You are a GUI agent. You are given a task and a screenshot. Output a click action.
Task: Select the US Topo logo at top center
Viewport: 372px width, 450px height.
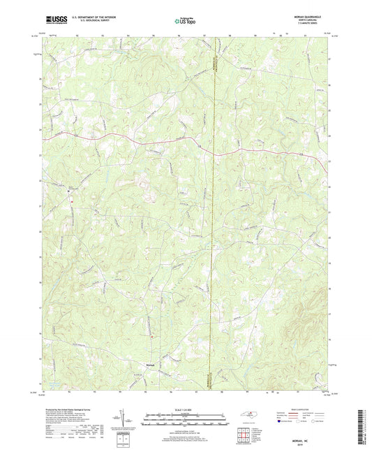(185, 22)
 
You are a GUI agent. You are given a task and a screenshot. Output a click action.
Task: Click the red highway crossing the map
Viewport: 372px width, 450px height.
(140, 137)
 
